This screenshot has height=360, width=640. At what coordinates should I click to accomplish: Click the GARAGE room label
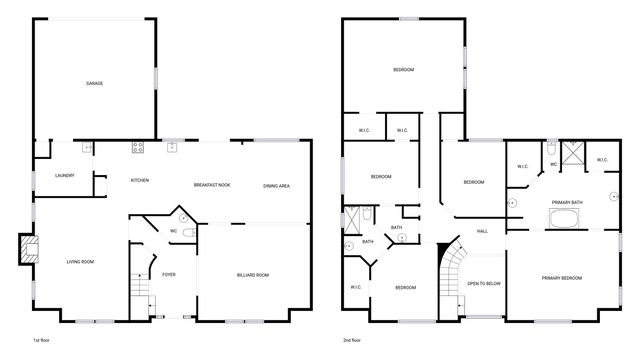point(94,83)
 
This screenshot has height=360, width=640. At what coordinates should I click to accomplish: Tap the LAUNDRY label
point(64,175)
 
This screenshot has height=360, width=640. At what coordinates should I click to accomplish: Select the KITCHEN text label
point(140,180)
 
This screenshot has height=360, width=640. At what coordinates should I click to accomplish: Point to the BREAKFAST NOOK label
point(212,185)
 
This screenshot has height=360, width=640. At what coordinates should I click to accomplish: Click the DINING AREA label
point(277,186)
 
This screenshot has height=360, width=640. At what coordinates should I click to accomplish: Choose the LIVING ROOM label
point(80,262)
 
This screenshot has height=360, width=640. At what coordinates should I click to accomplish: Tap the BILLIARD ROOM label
point(252,274)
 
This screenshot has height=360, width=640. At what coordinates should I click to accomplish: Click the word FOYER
point(169,274)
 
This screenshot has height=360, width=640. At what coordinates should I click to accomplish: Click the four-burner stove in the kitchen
point(137,148)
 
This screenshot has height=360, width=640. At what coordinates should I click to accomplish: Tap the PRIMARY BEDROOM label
point(562,277)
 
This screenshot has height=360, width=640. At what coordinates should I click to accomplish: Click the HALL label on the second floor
point(482,232)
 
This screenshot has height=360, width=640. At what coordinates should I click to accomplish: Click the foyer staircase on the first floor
point(140,289)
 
